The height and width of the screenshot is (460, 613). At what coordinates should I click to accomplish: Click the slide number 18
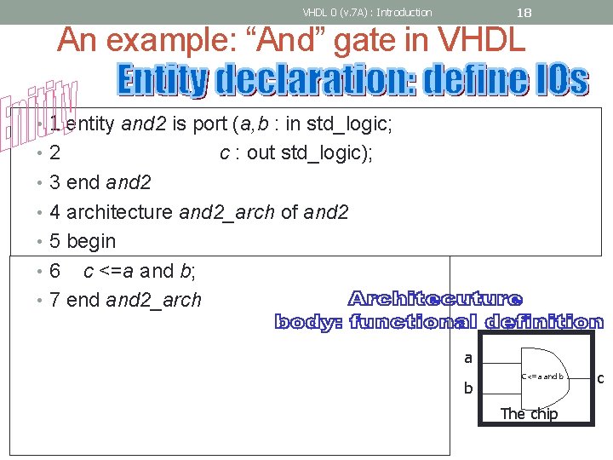(x=524, y=12)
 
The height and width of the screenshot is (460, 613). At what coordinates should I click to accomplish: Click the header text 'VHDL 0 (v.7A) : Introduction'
(x=367, y=12)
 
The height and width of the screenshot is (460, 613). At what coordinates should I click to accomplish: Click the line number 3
(x=54, y=182)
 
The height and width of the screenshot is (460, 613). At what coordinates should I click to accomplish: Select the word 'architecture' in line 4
(x=119, y=211)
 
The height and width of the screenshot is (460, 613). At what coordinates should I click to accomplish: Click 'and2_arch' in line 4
(x=227, y=211)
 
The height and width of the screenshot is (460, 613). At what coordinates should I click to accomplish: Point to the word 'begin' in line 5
(x=90, y=241)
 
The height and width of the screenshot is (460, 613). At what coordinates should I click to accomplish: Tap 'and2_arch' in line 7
(x=153, y=300)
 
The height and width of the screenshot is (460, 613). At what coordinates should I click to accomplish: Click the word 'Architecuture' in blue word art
(x=435, y=299)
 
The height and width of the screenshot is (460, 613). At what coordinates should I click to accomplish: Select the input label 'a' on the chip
(x=468, y=359)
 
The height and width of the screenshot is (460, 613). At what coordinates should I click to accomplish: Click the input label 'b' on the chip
(x=467, y=388)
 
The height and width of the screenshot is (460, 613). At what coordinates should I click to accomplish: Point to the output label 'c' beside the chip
(x=600, y=377)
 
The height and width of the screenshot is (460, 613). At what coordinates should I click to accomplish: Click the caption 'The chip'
(x=529, y=414)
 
